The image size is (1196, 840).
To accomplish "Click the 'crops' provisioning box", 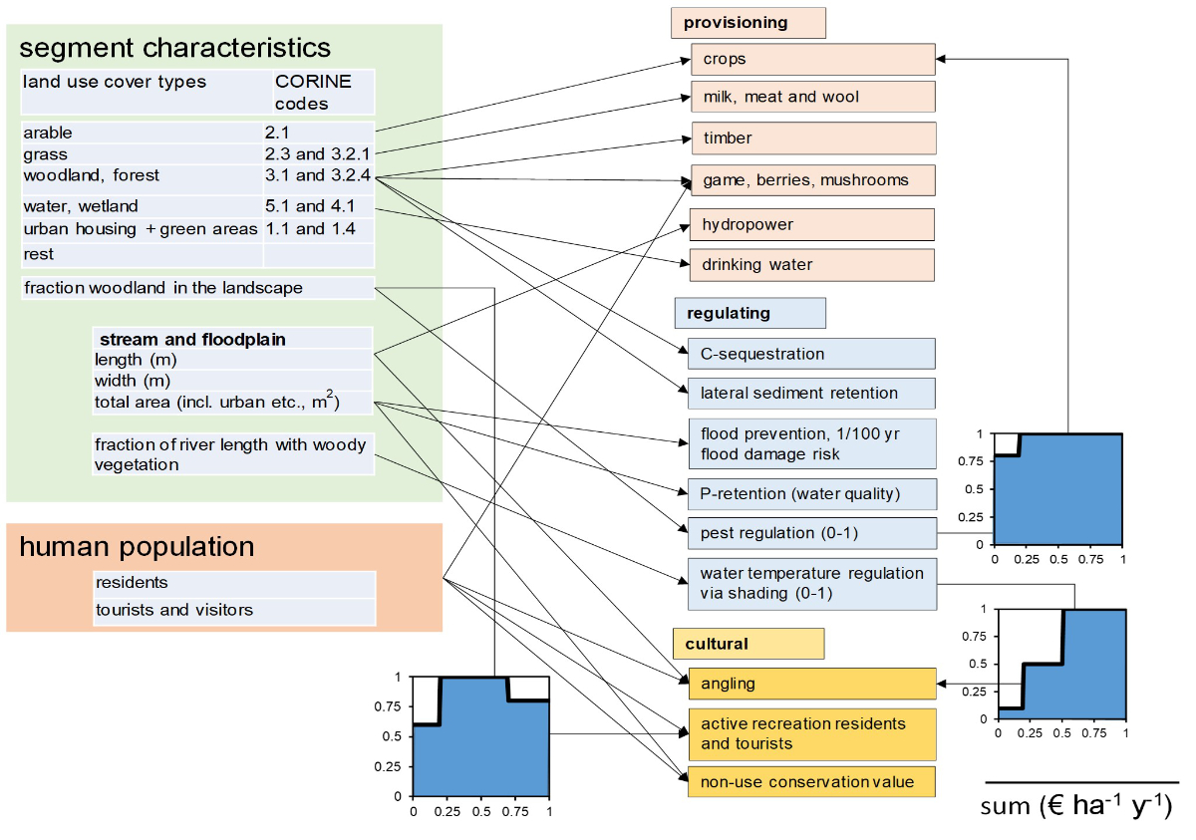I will point(812,59).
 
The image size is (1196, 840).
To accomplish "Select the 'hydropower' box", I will point(812,224).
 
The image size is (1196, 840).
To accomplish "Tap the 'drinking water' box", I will point(812,265).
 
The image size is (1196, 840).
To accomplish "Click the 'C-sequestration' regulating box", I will point(810,354).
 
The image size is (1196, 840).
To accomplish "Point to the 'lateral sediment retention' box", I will point(810,393).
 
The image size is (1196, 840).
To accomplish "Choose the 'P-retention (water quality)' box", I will point(810,493).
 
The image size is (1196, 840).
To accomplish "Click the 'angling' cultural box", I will point(810,684).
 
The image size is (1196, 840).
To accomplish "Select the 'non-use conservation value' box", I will point(810,781).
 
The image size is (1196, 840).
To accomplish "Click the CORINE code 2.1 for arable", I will point(280,133).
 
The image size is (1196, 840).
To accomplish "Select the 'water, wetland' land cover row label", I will point(81,206).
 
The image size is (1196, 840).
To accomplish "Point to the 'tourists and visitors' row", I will point(174,610).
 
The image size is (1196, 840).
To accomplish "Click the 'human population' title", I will point(137,547).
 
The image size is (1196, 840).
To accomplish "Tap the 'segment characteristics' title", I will point(174,48).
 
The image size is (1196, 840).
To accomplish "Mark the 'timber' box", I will point(812,138).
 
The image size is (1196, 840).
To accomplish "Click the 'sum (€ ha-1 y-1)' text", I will point(1076,805).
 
